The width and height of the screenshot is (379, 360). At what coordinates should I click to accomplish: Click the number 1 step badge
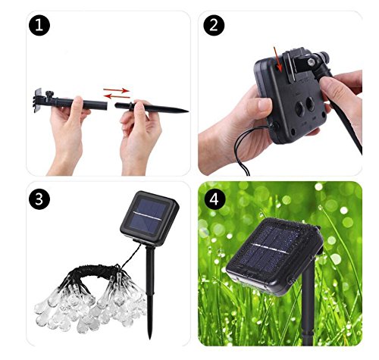(39, 26)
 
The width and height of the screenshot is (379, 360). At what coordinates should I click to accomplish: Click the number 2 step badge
(214, 26)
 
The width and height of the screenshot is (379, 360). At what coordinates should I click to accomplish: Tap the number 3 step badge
(39, 199)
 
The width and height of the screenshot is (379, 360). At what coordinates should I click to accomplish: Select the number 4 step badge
(214, 199)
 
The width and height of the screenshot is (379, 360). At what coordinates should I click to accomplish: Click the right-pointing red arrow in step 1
(116, 90)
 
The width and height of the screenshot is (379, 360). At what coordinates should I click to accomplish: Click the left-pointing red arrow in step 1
(117, 96)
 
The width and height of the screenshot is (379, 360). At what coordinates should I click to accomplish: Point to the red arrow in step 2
(277, 59)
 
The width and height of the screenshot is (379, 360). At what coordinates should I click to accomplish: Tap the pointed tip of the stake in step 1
(188, 111)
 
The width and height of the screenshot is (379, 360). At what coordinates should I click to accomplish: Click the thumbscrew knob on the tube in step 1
(50, 95)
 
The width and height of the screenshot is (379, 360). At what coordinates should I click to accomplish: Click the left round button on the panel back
(300, 109)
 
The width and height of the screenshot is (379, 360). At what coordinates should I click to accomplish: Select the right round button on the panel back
(311, 104)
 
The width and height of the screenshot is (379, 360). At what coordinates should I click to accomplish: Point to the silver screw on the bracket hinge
(312, 61)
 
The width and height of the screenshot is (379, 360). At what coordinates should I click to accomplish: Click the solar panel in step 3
(149, 218)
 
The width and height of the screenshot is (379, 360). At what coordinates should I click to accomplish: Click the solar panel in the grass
(274, 255)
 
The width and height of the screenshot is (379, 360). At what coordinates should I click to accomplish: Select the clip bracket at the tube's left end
(38, 101)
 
